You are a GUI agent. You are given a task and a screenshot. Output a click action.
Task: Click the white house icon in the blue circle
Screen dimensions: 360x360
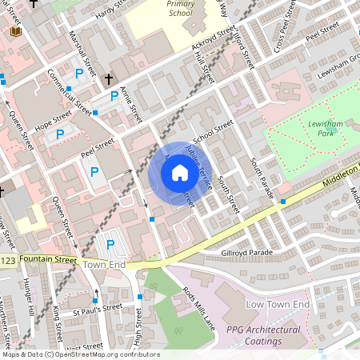[180, 172]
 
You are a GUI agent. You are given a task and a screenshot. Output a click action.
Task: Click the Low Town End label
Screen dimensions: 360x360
[277, 306]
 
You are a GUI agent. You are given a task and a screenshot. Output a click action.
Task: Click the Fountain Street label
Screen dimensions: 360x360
[49, 260]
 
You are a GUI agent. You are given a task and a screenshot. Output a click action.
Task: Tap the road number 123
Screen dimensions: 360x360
[7, 260]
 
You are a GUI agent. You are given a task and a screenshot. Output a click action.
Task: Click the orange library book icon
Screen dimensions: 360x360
[16, 31]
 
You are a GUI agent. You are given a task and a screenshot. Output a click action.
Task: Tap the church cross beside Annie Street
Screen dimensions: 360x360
[110, 79]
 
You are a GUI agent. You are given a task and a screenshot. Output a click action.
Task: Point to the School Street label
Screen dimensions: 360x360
[213, 131]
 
